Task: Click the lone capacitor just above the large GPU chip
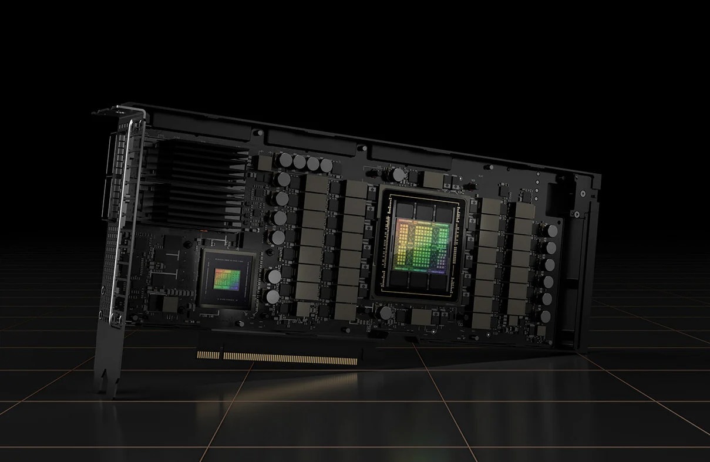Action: [399, 174]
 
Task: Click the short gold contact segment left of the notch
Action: [208, 354]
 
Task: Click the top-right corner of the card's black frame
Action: [598, 175]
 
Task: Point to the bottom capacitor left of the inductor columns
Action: [272, 296]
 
